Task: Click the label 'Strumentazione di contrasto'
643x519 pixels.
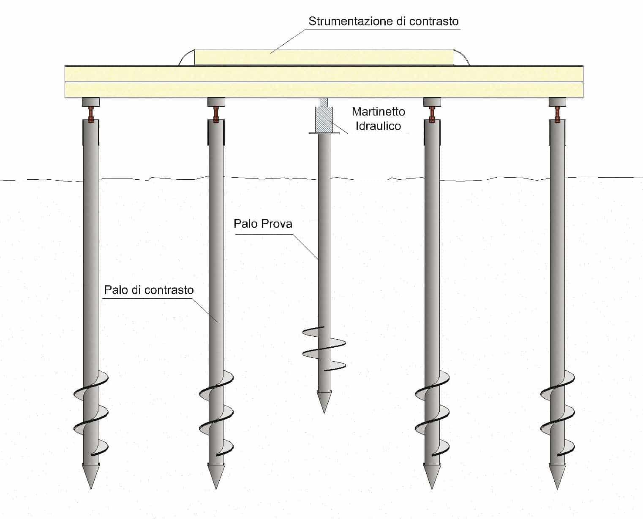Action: pos(383,21)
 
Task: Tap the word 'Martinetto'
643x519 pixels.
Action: pos(378,112)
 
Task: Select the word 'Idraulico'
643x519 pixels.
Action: pos(378,125)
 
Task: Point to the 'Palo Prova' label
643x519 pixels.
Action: pos(263,223)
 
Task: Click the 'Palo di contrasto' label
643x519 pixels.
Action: pos(149,290)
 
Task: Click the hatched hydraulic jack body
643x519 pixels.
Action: pos(324,119)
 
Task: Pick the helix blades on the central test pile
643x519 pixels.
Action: pos(324,349)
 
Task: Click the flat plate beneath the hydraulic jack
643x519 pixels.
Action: pos(324,133)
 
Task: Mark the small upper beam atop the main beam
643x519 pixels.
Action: pos(324,57)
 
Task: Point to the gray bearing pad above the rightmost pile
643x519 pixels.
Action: pos(557,102)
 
